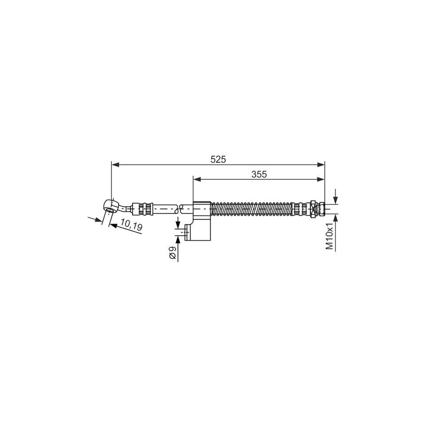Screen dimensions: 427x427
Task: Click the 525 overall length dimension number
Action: (x=218, y=159)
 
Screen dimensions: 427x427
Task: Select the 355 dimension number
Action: (x=259, y=174)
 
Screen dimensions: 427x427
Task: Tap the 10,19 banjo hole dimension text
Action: (x=131, y=225)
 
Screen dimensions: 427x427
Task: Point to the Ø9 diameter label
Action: (x=172, y=252)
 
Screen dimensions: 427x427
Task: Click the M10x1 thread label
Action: (x=330, y=236)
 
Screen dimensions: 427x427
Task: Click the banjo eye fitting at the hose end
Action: (x=111, y=205)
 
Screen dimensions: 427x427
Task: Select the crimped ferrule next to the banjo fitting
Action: (x=142, y=209)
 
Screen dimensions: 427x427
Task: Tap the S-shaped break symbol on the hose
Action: (x=179, y=209)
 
